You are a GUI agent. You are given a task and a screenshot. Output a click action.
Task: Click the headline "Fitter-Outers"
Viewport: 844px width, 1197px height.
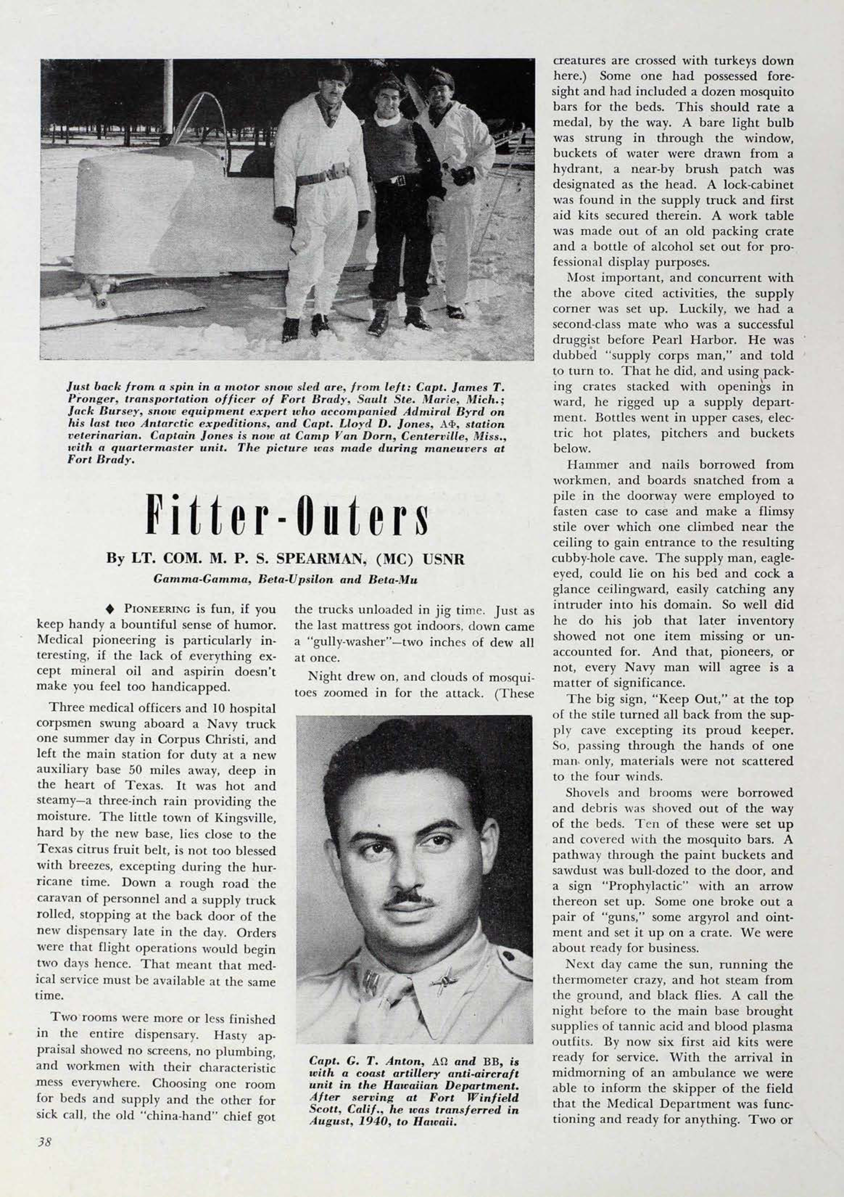[x=287, y=513]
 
